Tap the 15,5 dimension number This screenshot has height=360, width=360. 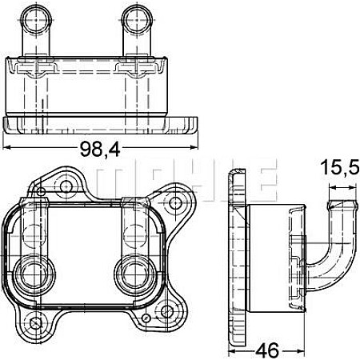click(339, 169)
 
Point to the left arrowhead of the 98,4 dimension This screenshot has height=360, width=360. click(8, 148)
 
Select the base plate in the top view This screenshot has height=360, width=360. click(102, 126)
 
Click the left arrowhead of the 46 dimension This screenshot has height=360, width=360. click(233, 349)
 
